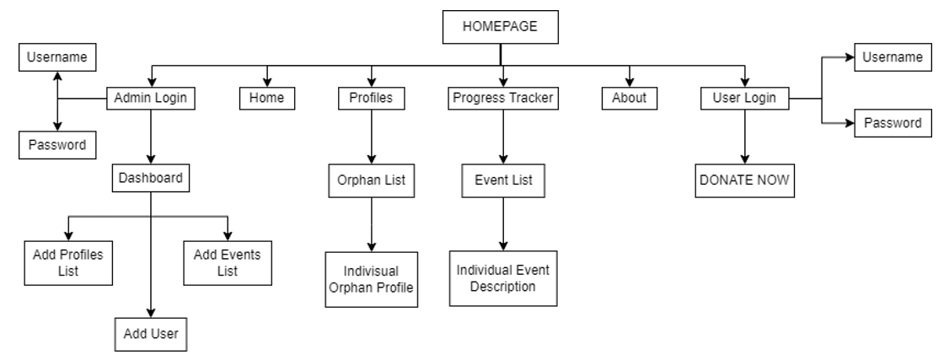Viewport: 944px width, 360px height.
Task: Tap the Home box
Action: pyautogui.click(x=266, y=99)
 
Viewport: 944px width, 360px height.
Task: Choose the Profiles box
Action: pyautogui.click(x=371, y=99)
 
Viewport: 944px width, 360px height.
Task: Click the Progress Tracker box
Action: pyautogui.click(x=503, y=99)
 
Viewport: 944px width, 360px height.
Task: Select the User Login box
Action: pyautogui.click(x=744, y=99)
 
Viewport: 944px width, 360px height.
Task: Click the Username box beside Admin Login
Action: pyautogui.click(x=57, y=57)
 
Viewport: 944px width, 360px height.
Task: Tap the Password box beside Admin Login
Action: pyautogui.click(x=57, y=144)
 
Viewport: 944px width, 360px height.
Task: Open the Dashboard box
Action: pyautogui.click(x=151, y=178)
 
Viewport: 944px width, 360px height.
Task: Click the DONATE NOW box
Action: pyautogui.click(x=744, y=180)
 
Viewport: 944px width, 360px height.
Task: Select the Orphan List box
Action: pyautogui.click(x=371, y=180)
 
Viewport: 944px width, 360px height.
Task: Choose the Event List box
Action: pyautogui.click(x=503, y=180)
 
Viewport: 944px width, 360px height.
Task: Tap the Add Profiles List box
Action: pyautogui.click(x=67, y=262)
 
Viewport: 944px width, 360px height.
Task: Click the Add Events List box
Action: pyautogui.click(x=227, y=262)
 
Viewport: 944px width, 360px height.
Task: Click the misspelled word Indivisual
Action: pyautogui.click(x=371, y=271)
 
